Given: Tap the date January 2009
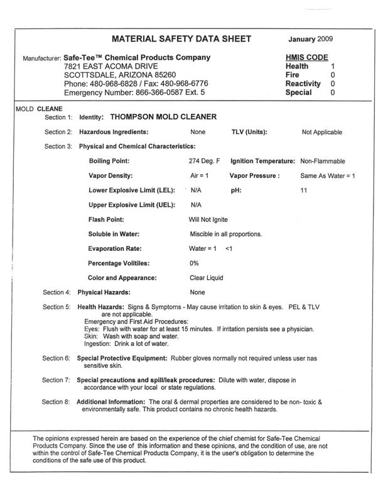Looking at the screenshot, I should pos(312,39).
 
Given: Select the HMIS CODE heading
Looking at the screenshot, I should pos(307,57).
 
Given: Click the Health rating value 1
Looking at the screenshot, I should pos(333,66).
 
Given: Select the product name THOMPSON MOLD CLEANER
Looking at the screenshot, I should pos(163,117).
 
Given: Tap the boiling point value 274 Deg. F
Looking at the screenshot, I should pos(202,162).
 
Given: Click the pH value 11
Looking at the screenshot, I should pos(304,190).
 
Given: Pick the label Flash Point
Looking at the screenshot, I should pos(106,219).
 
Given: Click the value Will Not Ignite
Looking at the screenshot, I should pos(208,219).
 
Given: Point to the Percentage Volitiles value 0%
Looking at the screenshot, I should pos(194,263).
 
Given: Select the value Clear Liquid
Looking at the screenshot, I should pos(206,277).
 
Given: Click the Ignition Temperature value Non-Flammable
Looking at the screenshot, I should pos(323,162).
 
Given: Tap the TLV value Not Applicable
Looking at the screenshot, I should pos(322,132).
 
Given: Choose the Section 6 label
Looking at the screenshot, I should pos(57,358).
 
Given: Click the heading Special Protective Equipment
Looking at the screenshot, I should pos(121,358).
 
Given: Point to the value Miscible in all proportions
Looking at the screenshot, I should pos(225,234).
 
